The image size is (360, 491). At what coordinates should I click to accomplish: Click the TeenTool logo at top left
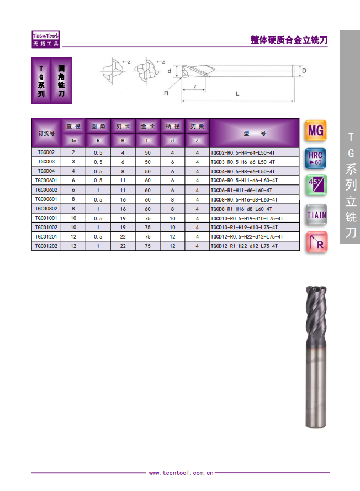tap(46, 39)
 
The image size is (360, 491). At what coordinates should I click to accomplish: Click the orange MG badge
tap(315, 130)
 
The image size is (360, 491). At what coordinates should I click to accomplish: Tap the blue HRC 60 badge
tap(315, 159)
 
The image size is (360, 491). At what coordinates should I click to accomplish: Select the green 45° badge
tap(316, 185)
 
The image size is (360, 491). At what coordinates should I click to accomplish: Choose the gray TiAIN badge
tap(316, 215)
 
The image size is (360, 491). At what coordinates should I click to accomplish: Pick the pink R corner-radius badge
tap(316, 242)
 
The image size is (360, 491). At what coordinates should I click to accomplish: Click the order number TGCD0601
tap(46, 181)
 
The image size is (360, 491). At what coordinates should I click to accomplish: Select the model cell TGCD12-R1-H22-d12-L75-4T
tap(244, 246)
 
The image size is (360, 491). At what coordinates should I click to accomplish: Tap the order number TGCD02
tap(46, 152)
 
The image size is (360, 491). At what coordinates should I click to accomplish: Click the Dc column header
tap(73, 141)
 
